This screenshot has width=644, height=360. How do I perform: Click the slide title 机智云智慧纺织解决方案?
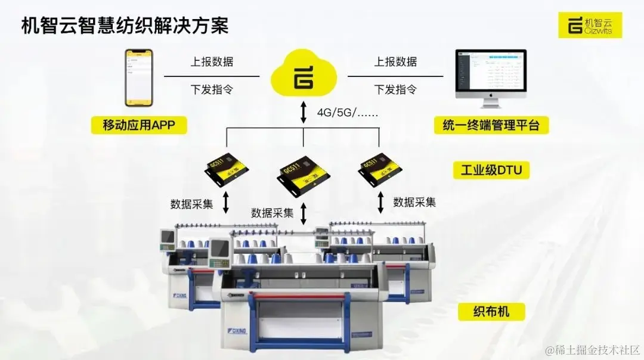tap(125, 27)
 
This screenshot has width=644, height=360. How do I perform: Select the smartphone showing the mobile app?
tap(138, 77)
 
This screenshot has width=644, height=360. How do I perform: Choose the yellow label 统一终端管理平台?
tap(491, 125)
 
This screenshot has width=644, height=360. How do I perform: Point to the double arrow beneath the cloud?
tap(304, 113)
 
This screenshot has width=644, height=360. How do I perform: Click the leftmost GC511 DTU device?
tap(227, 169)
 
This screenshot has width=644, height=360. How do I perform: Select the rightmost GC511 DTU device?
tap(378, 168)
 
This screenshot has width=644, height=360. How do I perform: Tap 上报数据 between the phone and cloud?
tap(212, 62)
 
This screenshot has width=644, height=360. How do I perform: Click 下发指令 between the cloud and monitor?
tap(395, 90)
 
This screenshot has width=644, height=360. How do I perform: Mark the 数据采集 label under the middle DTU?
tap(272, 213)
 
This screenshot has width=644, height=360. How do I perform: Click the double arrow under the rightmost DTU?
tap(380, 202)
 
